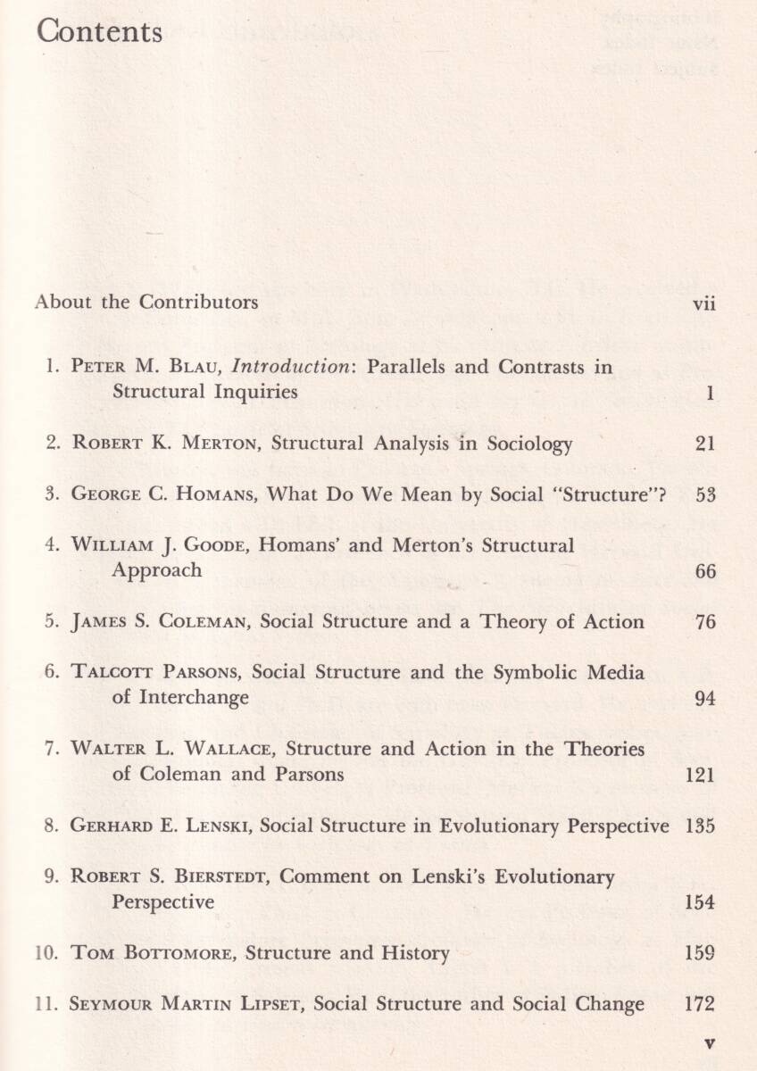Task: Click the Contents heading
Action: [100, 32]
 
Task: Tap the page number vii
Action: [704, 303]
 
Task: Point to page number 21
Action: [705, 444]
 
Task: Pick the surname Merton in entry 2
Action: [220, 444]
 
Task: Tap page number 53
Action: [705, 494]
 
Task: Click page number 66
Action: [705, 571]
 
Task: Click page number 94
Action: [705, 699]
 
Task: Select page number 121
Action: [700, 776]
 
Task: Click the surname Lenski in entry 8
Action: [218, 826]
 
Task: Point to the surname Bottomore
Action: [177, 953]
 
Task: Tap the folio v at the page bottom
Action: [710, 1041]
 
